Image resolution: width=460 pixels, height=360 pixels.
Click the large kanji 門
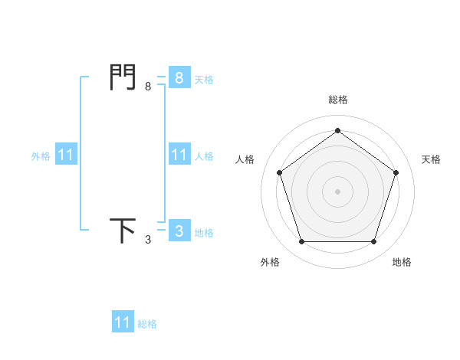click(123, 77)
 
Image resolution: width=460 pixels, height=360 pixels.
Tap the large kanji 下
click(123, 230)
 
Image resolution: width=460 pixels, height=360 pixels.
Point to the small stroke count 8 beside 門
click(148, 87)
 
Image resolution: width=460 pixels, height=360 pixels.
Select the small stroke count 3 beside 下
click(148, 240)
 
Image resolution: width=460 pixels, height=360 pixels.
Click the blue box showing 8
click(179, 77)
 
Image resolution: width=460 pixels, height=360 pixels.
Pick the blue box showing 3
click(179, 231)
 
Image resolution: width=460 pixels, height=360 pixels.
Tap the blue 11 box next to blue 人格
click(179, 155)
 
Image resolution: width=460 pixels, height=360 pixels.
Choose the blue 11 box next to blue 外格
click(66, 155)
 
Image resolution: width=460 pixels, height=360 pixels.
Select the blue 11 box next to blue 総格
click(123, 322)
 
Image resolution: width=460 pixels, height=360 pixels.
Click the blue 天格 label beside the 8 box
click(204, 79)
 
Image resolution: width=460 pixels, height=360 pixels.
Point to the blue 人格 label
click(204, 155)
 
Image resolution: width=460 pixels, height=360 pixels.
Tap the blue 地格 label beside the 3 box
click(204, 232)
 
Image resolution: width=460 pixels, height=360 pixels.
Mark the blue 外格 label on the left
click(41, 155)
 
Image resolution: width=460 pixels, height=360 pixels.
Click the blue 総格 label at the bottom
click(147, 324)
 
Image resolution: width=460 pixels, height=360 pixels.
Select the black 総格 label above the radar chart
click(337, 100)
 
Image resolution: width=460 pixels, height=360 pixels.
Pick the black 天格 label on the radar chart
click(431, 159)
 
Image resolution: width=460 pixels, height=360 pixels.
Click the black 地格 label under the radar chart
click(402, 262)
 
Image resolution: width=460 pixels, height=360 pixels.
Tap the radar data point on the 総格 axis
click(337, 131)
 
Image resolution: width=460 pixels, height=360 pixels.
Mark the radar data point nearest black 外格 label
click(301, 242)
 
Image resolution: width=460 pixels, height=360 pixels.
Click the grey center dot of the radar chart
click(337, 191)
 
